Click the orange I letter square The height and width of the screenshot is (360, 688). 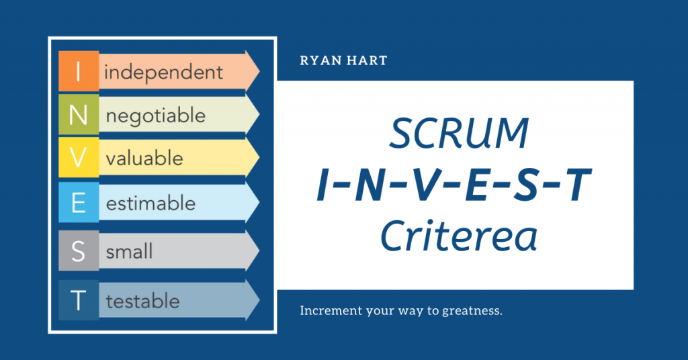(79, 71)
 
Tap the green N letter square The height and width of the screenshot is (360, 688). (79, 114)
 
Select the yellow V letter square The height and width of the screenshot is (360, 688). (79, 157)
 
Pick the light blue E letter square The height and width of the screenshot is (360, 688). (79, 203)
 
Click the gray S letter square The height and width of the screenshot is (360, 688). (79, 251)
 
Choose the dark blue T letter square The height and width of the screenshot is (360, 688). (79, 300)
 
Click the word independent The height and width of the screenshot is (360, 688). (163, 72)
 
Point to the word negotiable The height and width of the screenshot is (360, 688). (156, 116)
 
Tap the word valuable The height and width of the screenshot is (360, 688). (144, 158)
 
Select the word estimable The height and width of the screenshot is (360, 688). (151, 203)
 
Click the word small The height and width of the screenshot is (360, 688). (130, 251)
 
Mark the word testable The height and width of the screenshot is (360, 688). (143, 302)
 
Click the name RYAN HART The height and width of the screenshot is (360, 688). (343, 60)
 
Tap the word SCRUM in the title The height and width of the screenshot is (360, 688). (459, 133)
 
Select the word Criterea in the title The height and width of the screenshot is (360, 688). (458, 236)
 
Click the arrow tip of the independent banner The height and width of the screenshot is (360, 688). (259, 71)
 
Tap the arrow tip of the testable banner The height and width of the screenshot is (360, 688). (259, 300)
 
